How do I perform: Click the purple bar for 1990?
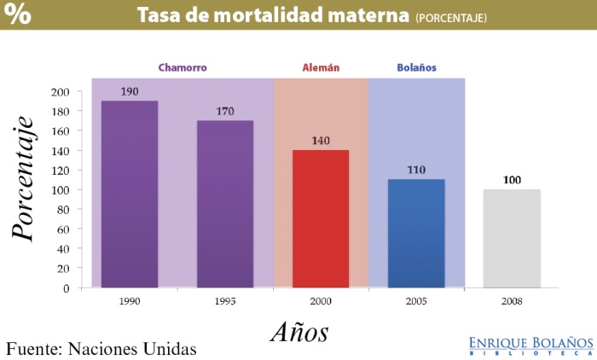(x=130, y=194)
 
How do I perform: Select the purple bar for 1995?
(x=225, y=204)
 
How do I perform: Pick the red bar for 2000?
(x=321, y=218)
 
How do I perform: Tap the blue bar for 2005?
(x=416, y=233)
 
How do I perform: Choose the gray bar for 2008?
(x=512, y=238)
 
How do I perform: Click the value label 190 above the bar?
(x=130, y=92)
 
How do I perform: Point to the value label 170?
(x=225, y=112)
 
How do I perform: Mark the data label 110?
(x=416, y=171)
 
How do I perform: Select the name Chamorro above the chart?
(x=183, y=67)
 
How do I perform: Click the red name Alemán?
(x=321, y=67)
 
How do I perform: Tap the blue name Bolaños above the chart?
(x=417, y=67)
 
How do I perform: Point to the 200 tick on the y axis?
(x=61, y=92)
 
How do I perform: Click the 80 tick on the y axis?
(x=63, y=210)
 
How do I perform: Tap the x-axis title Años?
(x=299, y=331)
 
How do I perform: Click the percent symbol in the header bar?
(x=19, y=15)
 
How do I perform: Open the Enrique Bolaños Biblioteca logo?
(x=530, y=345)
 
